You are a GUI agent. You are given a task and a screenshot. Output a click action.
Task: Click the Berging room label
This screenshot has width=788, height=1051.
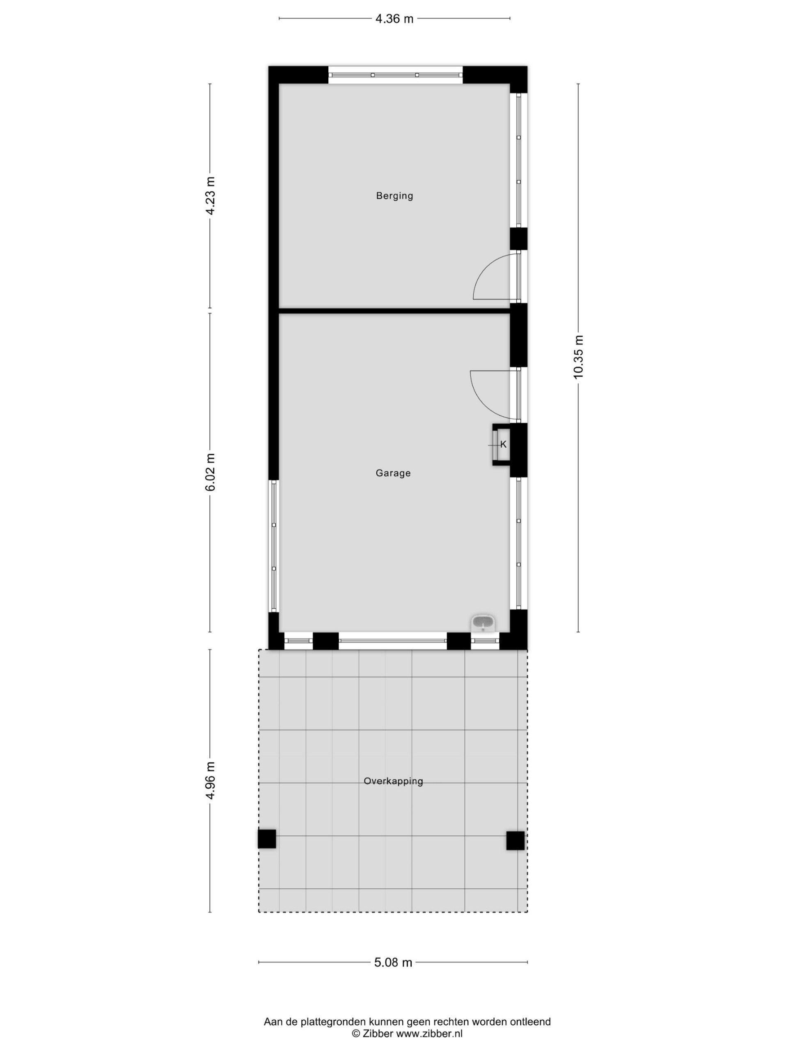394,196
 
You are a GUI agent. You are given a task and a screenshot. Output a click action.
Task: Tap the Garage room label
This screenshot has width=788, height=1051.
393,473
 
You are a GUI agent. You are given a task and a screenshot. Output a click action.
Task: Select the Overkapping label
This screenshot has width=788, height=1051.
393,781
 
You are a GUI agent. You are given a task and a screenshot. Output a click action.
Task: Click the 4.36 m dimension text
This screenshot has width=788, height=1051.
394,19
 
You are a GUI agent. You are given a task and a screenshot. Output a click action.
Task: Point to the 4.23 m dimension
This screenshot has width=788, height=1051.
211,196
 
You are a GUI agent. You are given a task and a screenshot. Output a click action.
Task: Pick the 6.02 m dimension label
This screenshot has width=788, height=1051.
211,472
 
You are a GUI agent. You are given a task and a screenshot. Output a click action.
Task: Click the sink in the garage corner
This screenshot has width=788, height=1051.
483,623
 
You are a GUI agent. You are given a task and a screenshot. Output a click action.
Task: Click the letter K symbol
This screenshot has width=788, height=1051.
504,445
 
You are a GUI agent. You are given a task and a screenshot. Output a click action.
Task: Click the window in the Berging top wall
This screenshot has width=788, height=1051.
395,75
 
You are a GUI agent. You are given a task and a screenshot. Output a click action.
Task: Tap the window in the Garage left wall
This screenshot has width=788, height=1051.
274,546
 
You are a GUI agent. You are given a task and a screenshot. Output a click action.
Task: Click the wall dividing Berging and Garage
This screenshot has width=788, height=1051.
394,311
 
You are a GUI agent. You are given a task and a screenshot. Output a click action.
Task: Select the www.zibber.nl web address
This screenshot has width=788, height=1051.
429,1034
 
